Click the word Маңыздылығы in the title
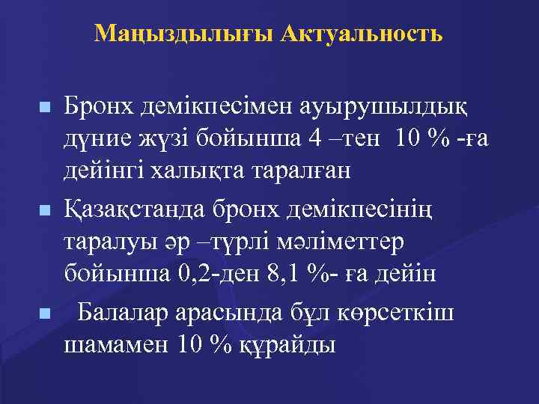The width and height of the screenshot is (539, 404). tap(185, 34)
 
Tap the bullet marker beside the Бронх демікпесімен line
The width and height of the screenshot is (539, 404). tap(46, 108)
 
